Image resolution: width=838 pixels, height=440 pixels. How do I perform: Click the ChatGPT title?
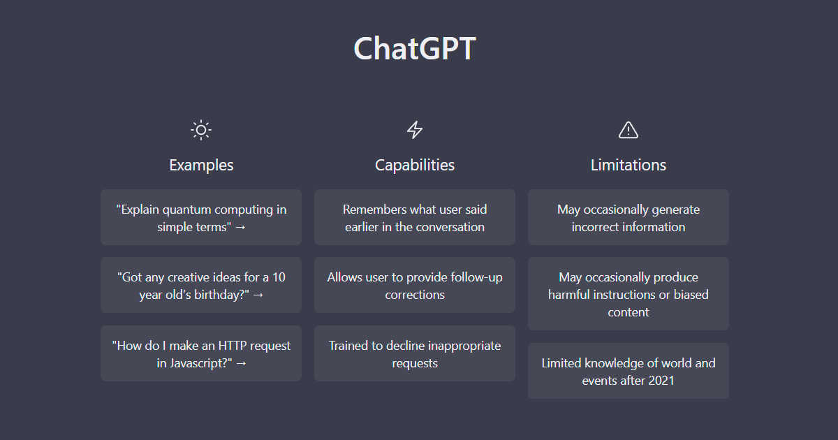coord(415,49)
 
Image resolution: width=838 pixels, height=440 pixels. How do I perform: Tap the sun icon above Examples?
coord(201,130)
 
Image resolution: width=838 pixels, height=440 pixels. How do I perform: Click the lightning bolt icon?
coord(415,130)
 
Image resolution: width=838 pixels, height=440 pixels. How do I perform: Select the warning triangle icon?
coord(628,130)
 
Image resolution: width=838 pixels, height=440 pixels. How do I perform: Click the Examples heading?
coord(201,165)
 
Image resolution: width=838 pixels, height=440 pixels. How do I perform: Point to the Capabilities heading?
coord(415,165)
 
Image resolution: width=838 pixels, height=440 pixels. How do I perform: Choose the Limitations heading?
coord(628,165)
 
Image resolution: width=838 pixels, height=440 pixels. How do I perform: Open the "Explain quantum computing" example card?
coord(201,217)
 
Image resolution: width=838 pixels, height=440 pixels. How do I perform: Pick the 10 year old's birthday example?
coord(201,285)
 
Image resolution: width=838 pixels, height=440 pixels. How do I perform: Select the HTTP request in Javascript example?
coord(201,353)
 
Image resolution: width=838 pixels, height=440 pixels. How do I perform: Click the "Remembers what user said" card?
coord(415,217)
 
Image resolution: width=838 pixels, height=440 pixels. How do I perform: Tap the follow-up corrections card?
coord(415,285)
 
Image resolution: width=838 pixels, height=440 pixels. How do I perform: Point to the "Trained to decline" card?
coord(415,353)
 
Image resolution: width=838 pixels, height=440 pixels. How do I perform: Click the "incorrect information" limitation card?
coord(628,217)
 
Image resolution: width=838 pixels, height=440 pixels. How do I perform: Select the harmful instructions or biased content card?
coord(628,294)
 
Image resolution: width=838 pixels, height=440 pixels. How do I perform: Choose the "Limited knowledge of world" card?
coord(628,371)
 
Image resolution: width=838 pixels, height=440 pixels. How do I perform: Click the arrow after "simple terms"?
coord(240,227)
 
